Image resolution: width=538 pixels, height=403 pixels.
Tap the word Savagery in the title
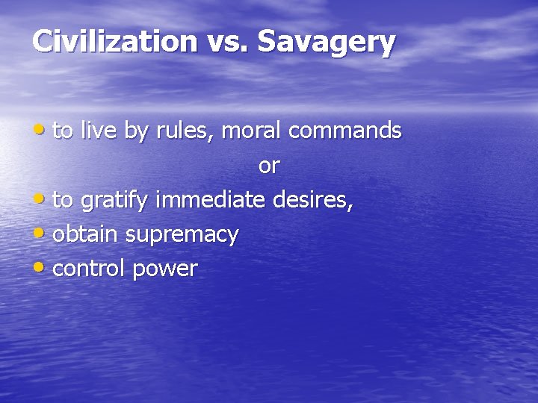point(326,43)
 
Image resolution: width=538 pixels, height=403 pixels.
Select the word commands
point(344,131)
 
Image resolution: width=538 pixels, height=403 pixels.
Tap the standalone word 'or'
point(268,166)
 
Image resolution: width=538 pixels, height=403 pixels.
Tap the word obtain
point(86,234)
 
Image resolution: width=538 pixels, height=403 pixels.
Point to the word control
point(90,269)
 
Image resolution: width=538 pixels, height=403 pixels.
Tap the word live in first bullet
point(98,131)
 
